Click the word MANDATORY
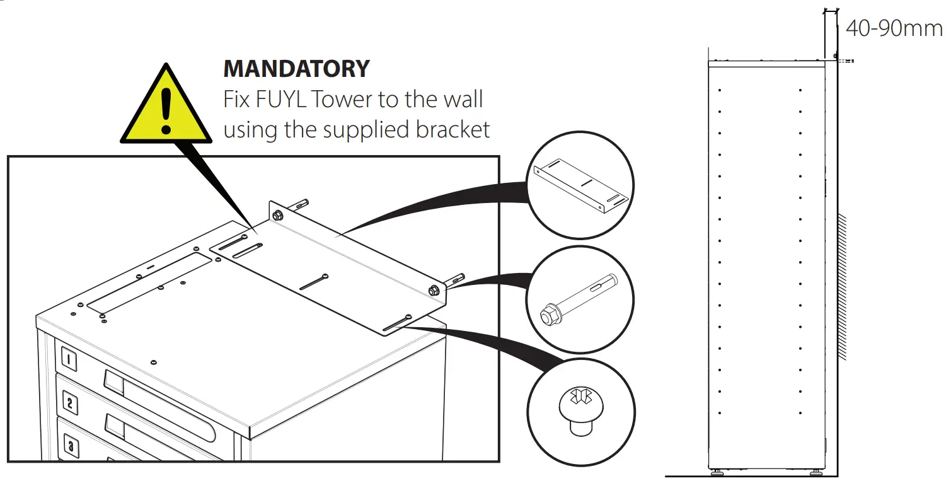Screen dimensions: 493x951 coord(296,68)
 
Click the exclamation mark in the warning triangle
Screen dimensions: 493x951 coord(166,111)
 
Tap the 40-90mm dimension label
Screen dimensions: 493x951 coord(894,28)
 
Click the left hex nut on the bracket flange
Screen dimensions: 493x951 coord(277,216)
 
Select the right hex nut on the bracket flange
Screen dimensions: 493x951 coord(434,290)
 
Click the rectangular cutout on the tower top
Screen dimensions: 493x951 coord(150,281)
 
